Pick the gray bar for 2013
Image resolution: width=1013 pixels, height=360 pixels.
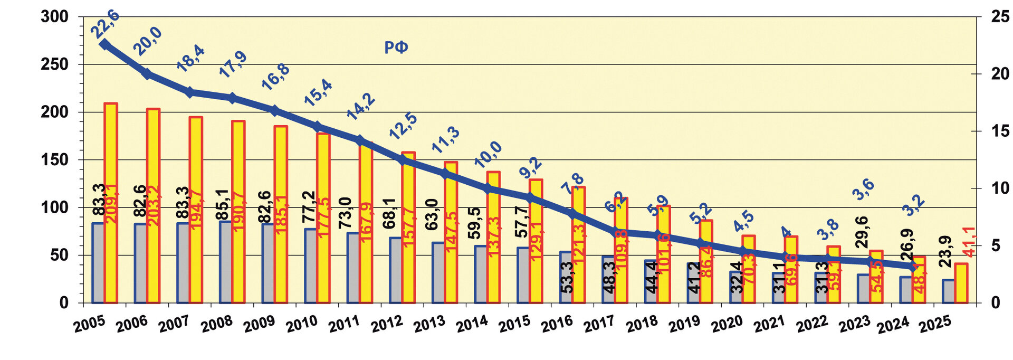tap(438, 272)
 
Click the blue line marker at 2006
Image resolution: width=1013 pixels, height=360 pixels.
tap(148, 74)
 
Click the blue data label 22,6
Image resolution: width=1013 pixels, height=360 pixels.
tap(106, 24)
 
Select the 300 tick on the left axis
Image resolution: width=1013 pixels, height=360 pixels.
tap(55, 17)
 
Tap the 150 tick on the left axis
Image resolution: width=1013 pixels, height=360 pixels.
tap(55, 160)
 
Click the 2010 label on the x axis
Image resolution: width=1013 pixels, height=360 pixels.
tap(301, 324)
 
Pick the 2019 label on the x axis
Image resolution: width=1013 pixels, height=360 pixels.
tap(684, 324)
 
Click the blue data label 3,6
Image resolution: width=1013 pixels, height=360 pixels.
tap(864, 190)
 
